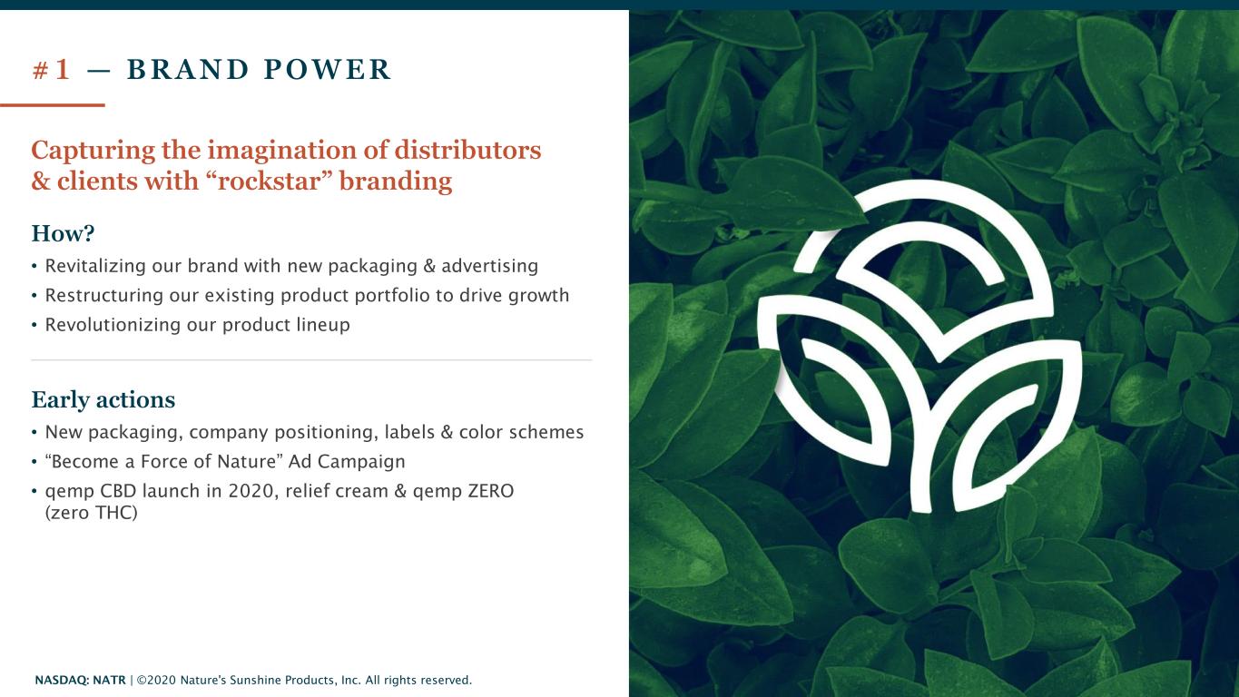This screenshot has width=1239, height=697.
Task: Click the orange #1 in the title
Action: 52,70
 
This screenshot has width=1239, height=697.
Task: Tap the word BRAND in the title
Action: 188,70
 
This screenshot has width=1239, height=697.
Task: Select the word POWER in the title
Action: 328,70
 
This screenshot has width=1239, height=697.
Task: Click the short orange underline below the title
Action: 53,104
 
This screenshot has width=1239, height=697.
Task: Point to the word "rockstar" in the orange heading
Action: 270,181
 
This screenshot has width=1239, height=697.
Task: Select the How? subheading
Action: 63,233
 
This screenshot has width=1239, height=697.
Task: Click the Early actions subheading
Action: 103,400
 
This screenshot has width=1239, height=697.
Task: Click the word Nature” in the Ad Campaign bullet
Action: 250,461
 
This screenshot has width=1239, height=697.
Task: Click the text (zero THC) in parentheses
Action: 92,513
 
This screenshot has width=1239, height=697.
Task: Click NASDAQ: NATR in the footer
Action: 80,681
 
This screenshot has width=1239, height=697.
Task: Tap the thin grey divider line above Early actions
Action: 311,360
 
